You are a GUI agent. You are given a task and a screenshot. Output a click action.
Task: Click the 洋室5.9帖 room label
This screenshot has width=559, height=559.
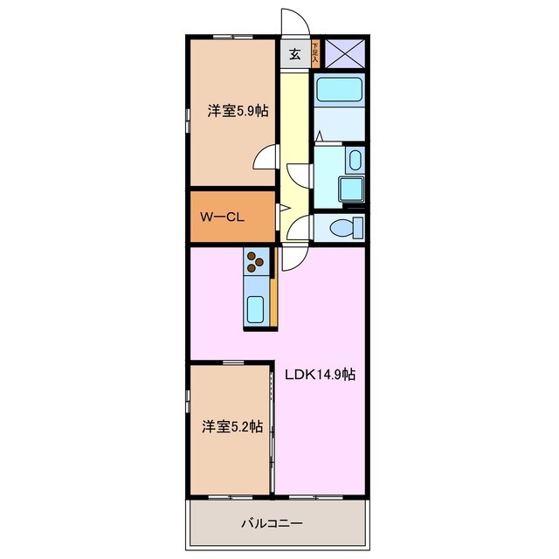tap(237, 111)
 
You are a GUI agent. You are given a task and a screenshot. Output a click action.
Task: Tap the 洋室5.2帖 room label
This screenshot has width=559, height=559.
tap(232, 426)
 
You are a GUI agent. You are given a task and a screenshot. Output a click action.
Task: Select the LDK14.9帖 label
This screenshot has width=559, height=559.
tap(320, 374)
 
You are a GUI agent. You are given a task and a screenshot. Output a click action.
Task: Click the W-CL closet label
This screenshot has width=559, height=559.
tap(221, 217)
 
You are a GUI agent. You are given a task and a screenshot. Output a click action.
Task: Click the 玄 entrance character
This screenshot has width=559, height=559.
tap(294, 54)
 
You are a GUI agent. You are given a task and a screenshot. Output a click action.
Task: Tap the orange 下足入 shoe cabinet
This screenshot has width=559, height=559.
tap(315, 53)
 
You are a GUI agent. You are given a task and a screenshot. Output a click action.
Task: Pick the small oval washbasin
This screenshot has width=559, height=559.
tap(354, 160)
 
